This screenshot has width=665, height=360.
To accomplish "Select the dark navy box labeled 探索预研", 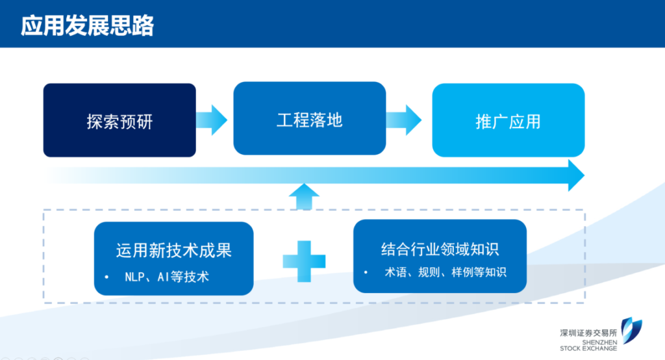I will (119, 120).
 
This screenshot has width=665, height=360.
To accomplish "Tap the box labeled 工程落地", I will (310, 119).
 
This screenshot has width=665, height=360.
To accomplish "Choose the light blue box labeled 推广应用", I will (508, 120).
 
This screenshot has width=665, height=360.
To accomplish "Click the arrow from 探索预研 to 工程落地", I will (212, 120).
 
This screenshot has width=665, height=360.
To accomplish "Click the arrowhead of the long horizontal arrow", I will (575, 175).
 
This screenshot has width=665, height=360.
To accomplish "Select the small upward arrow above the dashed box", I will (304, 196).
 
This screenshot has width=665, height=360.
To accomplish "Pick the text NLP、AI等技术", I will (167, 277).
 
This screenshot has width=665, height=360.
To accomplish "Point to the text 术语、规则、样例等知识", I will (445, 272).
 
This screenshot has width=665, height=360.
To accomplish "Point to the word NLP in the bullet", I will (134, 277).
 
